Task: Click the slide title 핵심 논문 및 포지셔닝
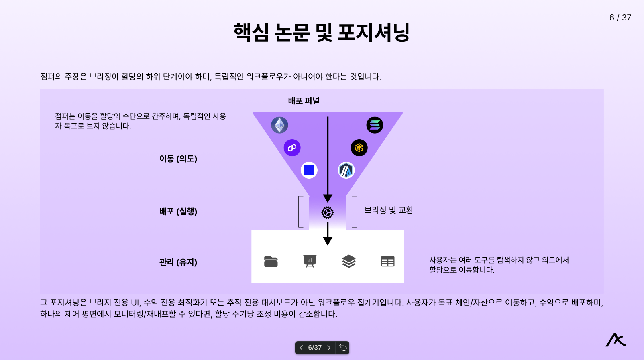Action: coord(322,33)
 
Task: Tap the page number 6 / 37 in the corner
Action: coord(620,18)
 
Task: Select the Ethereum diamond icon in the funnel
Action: coord(279,125)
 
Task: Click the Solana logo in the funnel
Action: coord(375,125)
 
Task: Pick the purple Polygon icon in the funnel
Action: coord(292,148)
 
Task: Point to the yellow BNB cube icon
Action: coord(359,148)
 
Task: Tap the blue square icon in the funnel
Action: coord(309,170)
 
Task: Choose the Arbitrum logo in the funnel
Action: coord(346,170)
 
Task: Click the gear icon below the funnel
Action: coord(328,212)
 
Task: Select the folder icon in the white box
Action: coord(271,261)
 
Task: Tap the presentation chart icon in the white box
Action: coord(310,261)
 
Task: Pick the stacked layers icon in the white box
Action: coord(348,261)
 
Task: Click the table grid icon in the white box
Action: coord(387,262)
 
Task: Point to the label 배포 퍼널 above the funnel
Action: coord(304,101)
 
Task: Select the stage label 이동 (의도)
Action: coord(178,159)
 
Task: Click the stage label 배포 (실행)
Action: coord(178,212)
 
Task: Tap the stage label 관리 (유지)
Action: coord(178,262)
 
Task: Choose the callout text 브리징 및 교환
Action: coord(389,210)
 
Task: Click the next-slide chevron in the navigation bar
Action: coord(329,348)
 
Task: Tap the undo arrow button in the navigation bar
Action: coord(343,348)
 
